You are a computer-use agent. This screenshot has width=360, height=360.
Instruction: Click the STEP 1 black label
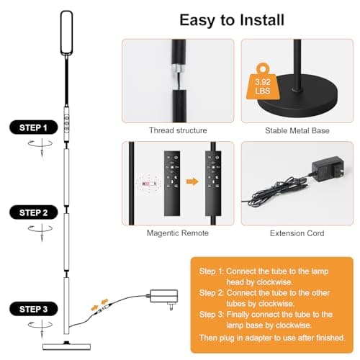34,127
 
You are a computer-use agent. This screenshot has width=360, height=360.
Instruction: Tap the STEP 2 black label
34,212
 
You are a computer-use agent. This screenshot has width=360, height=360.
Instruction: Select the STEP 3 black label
34,309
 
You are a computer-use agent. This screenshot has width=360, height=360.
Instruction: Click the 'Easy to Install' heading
232,20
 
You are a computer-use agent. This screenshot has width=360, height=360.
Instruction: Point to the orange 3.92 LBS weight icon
263,81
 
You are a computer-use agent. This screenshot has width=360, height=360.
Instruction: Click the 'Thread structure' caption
178,130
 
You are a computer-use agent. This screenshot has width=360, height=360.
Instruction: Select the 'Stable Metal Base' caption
297,130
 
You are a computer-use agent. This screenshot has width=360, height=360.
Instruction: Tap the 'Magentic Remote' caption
178,233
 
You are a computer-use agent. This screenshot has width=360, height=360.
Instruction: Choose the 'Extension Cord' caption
297,233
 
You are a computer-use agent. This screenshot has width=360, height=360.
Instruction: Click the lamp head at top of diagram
66,33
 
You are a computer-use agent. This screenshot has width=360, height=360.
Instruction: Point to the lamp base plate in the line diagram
66,346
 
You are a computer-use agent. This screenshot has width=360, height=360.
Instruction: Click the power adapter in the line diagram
164,297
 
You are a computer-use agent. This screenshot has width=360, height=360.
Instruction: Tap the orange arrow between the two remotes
192,181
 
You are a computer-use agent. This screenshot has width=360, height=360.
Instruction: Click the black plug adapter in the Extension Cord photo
328,169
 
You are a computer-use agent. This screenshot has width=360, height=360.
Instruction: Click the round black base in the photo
297,96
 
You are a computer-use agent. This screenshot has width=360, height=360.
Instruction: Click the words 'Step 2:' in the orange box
212,293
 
